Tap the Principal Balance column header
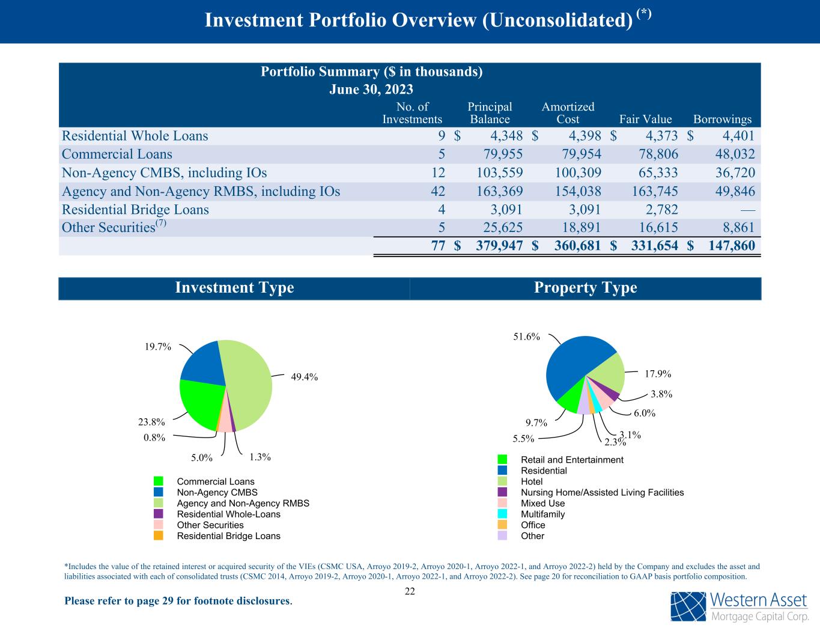[490, 113]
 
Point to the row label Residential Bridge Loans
[135, 210]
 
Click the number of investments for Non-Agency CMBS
[438, 173]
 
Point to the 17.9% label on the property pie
[658, 374]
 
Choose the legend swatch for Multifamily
[503, 514]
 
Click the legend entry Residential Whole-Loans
[228, 514]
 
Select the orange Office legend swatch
[503, 525]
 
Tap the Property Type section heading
[585, 288]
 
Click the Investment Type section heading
[234, 288]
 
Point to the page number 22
[410, 591]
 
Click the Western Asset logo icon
[688, 606]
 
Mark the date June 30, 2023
[371, 90]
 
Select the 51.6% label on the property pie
[526, 337]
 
